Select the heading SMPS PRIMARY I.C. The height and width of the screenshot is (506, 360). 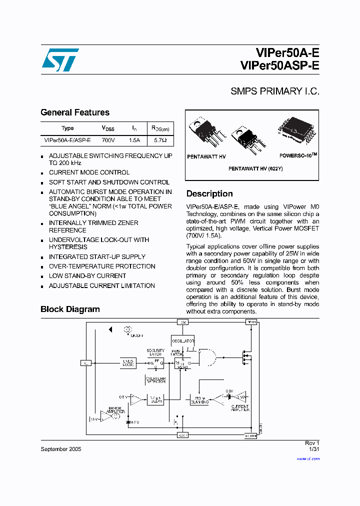(274, 91)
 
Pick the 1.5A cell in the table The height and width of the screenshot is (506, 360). (134, 140)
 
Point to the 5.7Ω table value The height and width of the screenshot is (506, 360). (160, 140)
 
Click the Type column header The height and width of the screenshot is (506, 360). (67, 128)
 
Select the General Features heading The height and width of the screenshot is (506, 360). (75, 112)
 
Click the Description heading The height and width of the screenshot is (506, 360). (209, 193)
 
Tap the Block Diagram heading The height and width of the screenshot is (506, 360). (70, 309)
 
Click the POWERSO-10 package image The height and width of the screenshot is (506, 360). (296, 131)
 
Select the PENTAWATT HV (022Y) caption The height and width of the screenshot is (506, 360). (255, 169)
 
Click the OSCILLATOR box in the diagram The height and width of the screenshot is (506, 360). (182, 341)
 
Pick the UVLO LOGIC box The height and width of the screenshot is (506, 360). (128, 363)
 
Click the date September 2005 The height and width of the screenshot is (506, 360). (60, 449)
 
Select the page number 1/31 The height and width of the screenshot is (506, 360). (313, 449)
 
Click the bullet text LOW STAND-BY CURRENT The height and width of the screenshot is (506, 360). (87, 276)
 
